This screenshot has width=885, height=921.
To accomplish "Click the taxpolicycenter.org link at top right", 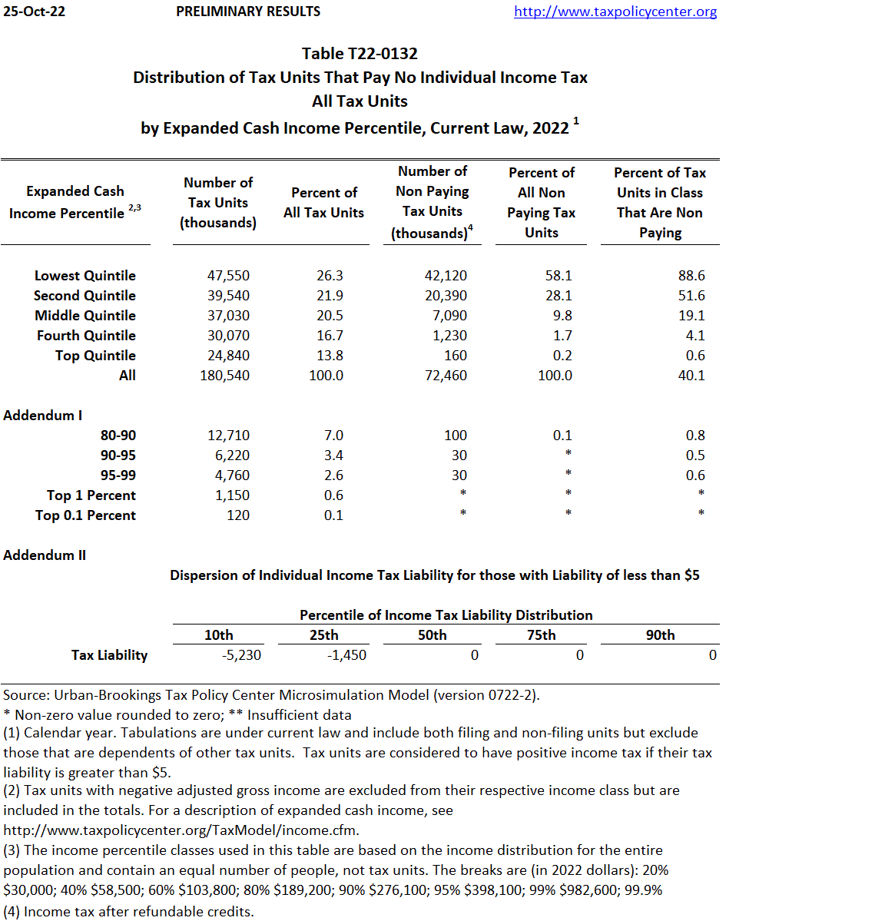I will pos(615,12).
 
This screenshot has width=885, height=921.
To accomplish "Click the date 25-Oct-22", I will pos(34,12).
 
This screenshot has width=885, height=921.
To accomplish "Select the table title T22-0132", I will pos(360,54).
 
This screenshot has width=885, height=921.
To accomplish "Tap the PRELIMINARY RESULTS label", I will pos(248,12).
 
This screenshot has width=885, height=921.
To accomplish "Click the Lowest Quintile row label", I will pos(85,276).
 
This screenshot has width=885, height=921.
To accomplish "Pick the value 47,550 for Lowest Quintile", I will pos(228,276).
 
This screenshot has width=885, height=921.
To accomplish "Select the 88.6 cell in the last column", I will pos(691,276).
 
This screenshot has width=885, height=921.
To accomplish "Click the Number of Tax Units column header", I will pos(218,203).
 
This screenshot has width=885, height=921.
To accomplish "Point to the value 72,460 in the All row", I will pos(446,376).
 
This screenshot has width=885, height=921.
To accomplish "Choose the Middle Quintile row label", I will pos(85,316).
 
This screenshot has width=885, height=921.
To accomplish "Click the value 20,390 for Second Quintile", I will pos(446,296).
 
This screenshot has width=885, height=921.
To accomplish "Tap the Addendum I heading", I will pos(43,416).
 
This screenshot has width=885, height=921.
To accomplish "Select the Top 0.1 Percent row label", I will pos(85,515).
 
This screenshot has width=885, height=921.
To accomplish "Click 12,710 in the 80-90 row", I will pos(228,436).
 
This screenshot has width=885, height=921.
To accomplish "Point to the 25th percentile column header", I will pos(324,635).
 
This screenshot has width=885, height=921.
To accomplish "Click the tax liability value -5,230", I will pos(241,655).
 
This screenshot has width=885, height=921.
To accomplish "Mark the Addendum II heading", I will pos(45,555).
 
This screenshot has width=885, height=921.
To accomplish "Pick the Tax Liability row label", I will pos(109,655).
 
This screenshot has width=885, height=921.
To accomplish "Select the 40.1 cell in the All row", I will pos(691,376).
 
